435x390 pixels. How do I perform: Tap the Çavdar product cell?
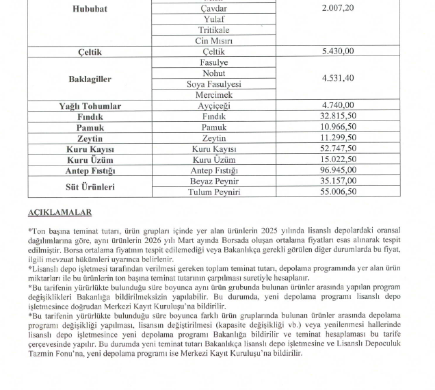(x=214, y=9)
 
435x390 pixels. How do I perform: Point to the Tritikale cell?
(x=214, y=30)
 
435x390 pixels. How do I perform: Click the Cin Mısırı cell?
(x=214, y=41)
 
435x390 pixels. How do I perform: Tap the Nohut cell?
(x=214, y=73)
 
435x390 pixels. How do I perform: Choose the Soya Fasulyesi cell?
(x=214, y=84)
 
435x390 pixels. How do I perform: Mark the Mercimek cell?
(x=214, y=95)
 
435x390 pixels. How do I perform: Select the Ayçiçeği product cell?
(x=214, y=106)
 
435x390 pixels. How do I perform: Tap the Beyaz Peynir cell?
(x=214, y=181)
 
